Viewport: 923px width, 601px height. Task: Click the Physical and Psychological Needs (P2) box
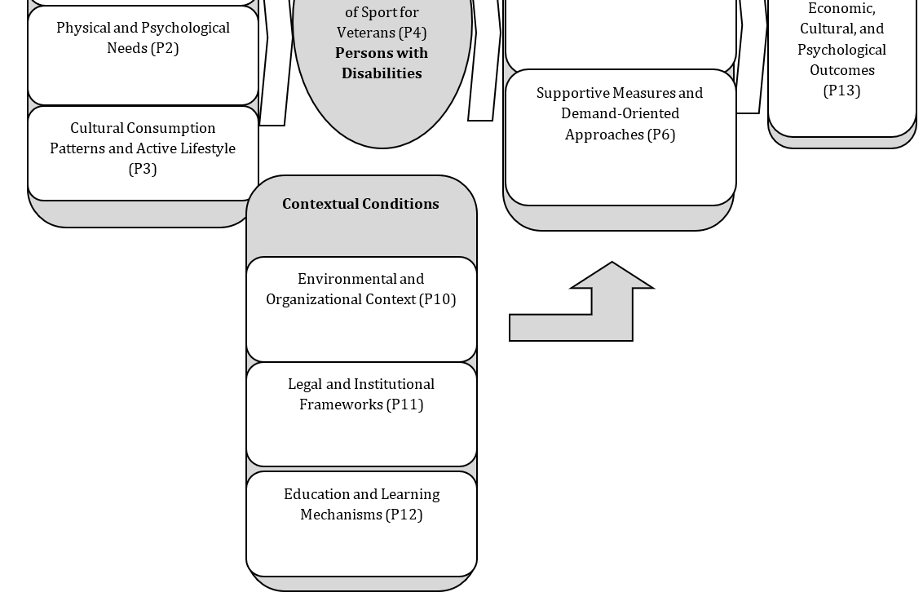(143, 55)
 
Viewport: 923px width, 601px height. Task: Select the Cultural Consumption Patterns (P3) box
(143, 153)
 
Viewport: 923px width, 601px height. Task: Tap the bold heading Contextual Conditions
(360, 204)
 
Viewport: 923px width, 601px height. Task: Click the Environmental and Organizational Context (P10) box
(361, 309)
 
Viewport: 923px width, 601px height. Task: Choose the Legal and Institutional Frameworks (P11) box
(361, 413)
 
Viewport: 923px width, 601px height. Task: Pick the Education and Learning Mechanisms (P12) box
(361, 524)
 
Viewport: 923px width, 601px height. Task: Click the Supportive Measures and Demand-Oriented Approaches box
(620, 137)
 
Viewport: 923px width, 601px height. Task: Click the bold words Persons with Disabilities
(382, 63)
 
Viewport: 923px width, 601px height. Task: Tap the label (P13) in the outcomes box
(841, 91)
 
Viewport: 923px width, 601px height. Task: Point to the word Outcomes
(841, 70)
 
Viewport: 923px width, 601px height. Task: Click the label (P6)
(661, 135)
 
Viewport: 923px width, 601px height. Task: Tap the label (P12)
(404, 515)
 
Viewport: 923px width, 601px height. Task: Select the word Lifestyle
(208, 148)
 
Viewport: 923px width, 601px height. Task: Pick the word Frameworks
(341, 404)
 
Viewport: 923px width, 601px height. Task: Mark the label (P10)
(437, 299)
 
